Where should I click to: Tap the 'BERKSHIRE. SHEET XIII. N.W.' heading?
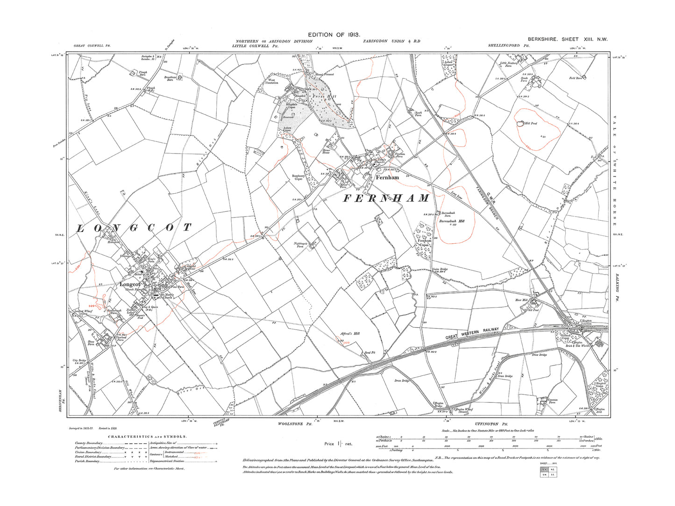[567, 40]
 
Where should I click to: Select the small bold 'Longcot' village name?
[129, 284]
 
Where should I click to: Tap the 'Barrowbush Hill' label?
[451, 221]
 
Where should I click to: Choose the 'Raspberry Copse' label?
[298, 177]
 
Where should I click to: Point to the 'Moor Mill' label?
[521, 300]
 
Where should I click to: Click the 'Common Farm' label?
[553, 401]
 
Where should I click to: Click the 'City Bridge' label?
[79, 361]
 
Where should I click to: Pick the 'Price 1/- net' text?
[338, 444]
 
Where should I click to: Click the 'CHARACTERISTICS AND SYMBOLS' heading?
[148, 437]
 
